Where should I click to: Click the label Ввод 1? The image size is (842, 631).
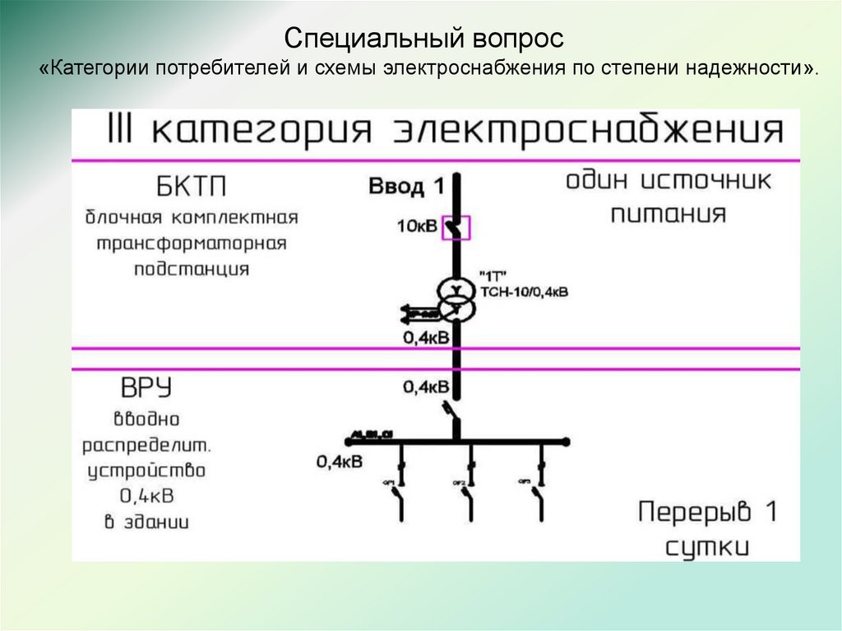(x=406, y=187)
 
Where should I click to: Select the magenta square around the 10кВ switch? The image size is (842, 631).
(x=456, y=226)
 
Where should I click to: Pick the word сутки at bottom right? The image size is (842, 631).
(x=707, y=545)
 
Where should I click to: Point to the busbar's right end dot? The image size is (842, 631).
(x=568, y=442)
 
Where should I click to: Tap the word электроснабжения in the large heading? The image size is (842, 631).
(x=588, y=132)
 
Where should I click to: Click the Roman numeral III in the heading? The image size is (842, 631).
(x=121, y=132)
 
